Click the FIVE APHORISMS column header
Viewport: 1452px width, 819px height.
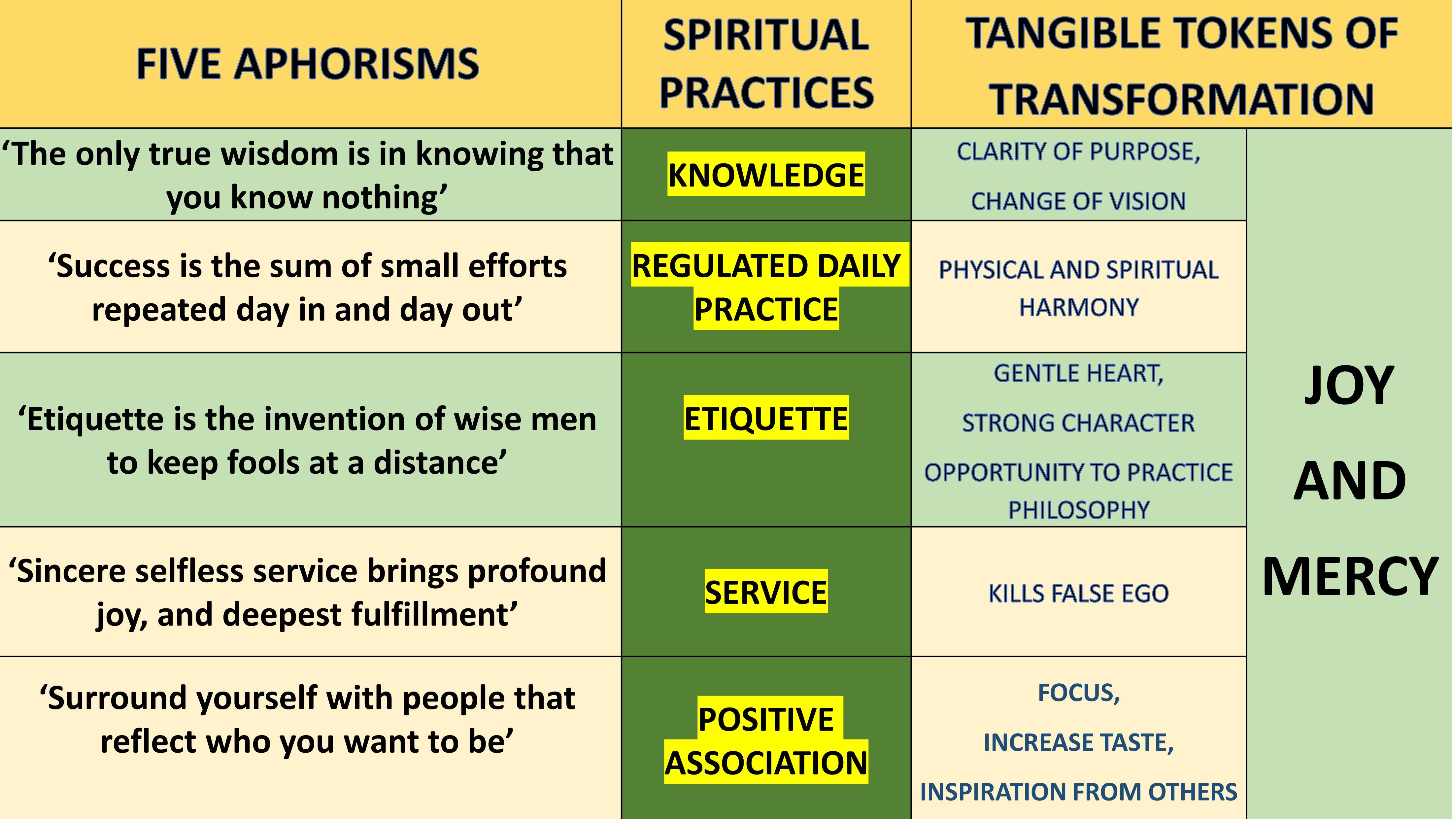click(307, 64)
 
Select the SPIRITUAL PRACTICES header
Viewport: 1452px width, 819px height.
click(766, 64)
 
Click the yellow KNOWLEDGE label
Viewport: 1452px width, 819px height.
click(766, 175)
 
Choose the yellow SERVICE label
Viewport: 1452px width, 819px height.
click(766, 592)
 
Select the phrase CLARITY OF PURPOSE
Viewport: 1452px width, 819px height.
click(1078, 152)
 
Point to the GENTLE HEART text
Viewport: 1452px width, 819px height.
click(1078, 373)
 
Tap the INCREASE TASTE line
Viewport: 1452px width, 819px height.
click(1078, 742)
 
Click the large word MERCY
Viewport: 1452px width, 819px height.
click(1349, 576)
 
